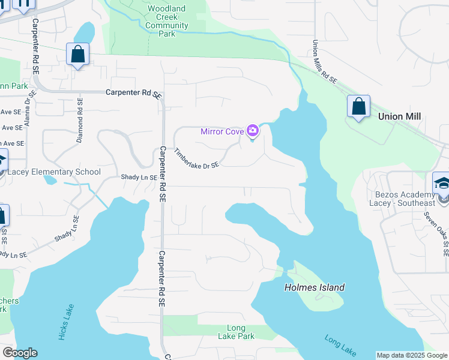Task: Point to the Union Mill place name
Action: coord(399,116)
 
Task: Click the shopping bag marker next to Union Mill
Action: coord(358,107)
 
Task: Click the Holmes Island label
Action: coord(314,287)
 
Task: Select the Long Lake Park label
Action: coord(236,332)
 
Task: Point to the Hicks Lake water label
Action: coord(66,323)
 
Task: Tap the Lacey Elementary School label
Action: coord(55,172)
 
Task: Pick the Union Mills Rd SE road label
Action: coord(324,62)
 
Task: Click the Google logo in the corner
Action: coord(20,353)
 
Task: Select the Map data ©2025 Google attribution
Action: coord(412,355)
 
